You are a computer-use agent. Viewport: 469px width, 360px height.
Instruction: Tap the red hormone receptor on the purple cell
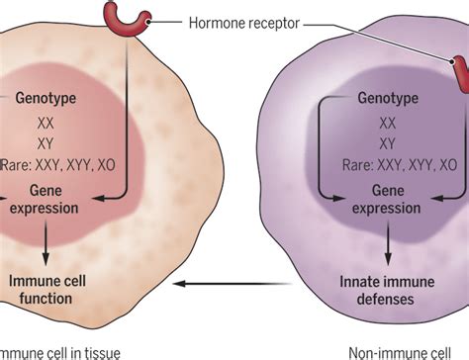[x=461, y=73]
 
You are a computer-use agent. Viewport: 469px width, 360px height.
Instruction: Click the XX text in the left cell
[x=45, y=125]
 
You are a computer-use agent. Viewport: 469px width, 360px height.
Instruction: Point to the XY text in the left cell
[x=45, y=144]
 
